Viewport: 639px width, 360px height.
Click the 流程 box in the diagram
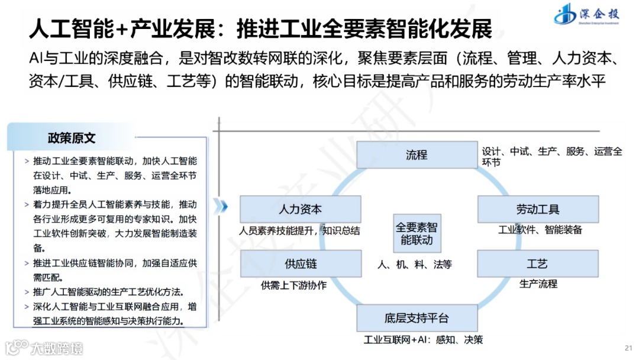coord(417,155)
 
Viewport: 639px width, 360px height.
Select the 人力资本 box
coord(300,210)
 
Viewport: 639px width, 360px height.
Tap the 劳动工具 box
coord(537,210)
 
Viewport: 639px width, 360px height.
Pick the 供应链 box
coord(300,263)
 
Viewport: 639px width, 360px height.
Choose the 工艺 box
coord(537,263)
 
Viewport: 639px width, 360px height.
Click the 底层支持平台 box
coord(417,318)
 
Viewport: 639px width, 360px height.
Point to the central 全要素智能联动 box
coord(417,233)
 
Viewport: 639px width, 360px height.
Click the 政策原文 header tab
coord(72,139)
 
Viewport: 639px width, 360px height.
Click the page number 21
coord(628,348)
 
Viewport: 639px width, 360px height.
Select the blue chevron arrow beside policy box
coord(221,205)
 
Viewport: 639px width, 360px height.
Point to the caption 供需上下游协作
coord(293,285)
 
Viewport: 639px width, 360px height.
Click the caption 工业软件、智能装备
coord(540,230)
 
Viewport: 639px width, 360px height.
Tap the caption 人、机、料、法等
coord(414,265)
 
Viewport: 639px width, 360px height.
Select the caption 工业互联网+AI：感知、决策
coord(423,340)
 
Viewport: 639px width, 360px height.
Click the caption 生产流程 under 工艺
coord(538,284)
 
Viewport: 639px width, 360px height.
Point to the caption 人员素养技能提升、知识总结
coord(300,230)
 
